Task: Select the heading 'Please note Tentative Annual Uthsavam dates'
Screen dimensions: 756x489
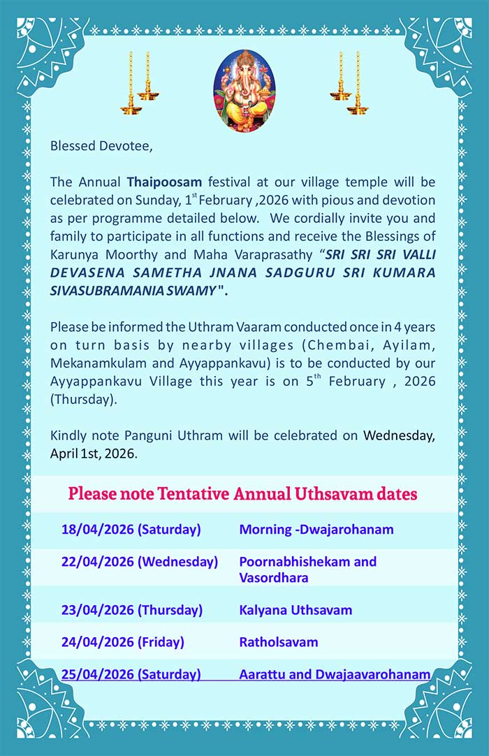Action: coord(242,495)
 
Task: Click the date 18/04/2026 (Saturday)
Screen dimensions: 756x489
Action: coord(131,530)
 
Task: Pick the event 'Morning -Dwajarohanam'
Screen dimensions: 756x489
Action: coord(316,530)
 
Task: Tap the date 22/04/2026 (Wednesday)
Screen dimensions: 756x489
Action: coord(139,562)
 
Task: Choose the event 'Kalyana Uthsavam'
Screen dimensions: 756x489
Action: coord(295,610)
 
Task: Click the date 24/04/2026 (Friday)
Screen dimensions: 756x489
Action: coord(122,642)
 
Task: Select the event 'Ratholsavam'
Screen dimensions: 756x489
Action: coord(278,642)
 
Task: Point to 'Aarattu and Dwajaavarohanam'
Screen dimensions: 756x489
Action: coord(334,674)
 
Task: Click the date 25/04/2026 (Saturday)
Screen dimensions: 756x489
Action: coord(131,674)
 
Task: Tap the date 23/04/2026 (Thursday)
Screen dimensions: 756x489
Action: coord(131,610)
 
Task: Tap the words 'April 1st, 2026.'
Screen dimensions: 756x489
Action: coord(94,453)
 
